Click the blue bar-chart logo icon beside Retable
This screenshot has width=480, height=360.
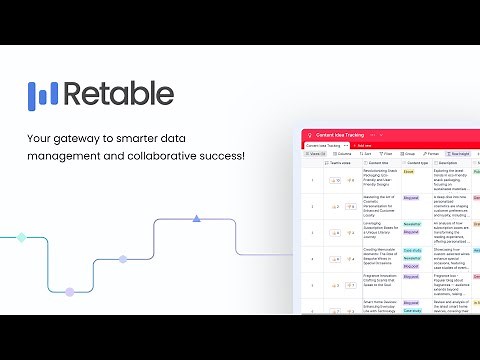pos(44,94)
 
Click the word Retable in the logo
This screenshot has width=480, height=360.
pos(119,94)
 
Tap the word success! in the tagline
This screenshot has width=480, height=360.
pos(222,156)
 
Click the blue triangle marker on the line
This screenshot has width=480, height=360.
pos(197,217)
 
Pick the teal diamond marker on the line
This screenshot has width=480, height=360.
pos(21,238)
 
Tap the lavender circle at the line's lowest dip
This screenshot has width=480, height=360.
pos(69,292)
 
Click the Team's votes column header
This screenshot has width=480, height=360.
pos(341,163)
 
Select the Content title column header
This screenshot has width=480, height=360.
pos(379,163)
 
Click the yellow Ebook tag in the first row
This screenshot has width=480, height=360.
pos(408,172)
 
